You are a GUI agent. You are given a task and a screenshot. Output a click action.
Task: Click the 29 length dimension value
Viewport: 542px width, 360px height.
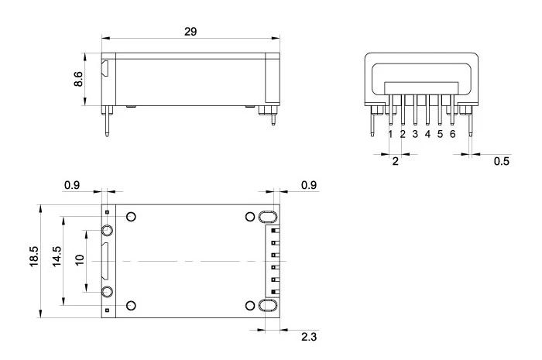click(x=190, y=32)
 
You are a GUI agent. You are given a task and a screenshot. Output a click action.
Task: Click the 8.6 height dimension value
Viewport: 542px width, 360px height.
click(x=78, y=79)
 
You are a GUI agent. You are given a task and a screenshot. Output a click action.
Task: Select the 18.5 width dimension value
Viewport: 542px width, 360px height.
click(x=34, y=256)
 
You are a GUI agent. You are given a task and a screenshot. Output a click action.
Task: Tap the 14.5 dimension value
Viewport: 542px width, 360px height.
click(x=57, y=256)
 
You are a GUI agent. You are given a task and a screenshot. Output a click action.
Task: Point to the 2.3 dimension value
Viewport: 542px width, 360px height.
click(x=309, y=337)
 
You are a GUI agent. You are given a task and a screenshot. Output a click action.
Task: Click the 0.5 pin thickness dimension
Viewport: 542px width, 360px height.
click(x=502, y=161)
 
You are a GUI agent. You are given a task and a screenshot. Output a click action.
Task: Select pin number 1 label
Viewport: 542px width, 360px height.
click(x=390, y=134)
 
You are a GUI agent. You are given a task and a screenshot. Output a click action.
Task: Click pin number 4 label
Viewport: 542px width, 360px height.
click(x=427, y=134)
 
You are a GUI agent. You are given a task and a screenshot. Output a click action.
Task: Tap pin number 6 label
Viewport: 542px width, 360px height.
click(x=453, y=134)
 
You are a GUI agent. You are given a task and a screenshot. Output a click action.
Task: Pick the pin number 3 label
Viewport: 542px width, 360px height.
click(x=415, y=134)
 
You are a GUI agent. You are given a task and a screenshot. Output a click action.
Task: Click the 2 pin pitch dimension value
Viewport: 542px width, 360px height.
click(x=396, y=161)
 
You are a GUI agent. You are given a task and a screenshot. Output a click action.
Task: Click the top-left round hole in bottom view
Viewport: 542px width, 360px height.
click(x=131, y=217)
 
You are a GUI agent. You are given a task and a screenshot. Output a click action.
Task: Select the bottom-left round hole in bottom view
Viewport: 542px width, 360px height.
click(x=131, y=305)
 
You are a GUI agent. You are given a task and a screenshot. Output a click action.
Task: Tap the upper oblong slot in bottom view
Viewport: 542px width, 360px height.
click(x=268, y=217)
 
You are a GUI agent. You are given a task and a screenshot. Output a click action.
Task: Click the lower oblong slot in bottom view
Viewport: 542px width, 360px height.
click(x=268, y=306)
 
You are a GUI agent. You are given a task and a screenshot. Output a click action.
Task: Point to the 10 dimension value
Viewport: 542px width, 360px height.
click(x=80, y=260)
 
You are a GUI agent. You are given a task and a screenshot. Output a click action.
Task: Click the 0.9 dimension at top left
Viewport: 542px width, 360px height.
click(x=72, y=186)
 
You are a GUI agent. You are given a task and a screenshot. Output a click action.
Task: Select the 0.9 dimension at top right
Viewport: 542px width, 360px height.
click(x=309, y=186)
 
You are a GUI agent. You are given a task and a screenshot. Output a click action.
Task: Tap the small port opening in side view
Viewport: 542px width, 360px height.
click(x=105, y=68)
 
